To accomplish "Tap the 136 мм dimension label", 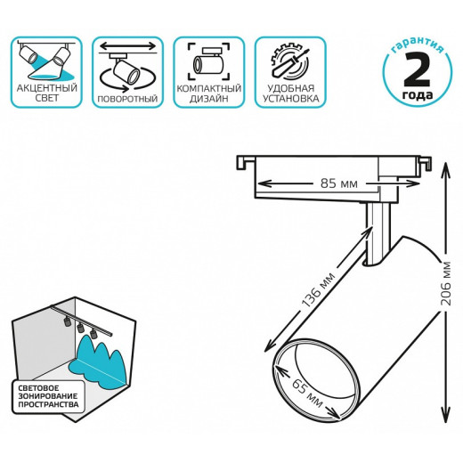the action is click(x=318, y=289).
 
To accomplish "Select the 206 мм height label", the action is click(x=445, y=283).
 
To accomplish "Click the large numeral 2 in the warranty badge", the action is click(x=417, y=70).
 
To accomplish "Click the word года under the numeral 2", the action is click(x=418, y=95).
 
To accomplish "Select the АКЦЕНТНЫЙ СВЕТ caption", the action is click(x=46, y=93).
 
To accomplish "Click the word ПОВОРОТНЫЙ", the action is click(x=127, y=99).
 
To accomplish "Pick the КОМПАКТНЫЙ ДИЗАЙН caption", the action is click(x=208, y=93).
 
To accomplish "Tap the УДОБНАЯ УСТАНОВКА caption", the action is click(x=290, y=93).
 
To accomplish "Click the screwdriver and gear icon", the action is click(x=289, y=61).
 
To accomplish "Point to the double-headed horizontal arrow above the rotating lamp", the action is click(x=127, y=46).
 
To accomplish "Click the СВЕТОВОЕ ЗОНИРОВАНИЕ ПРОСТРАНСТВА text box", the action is click(x=48, y=396).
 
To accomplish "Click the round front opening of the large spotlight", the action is click(x=316, y=379).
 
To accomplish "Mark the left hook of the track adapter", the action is click(x=245, y=163).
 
